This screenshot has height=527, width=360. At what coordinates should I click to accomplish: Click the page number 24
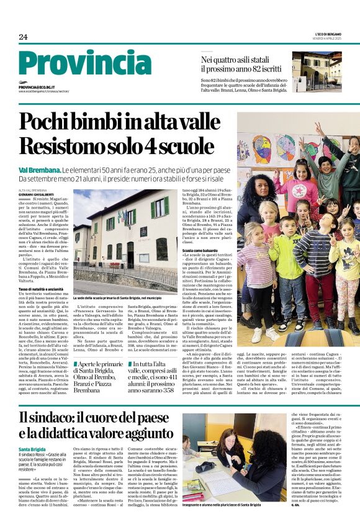(23, 37)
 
